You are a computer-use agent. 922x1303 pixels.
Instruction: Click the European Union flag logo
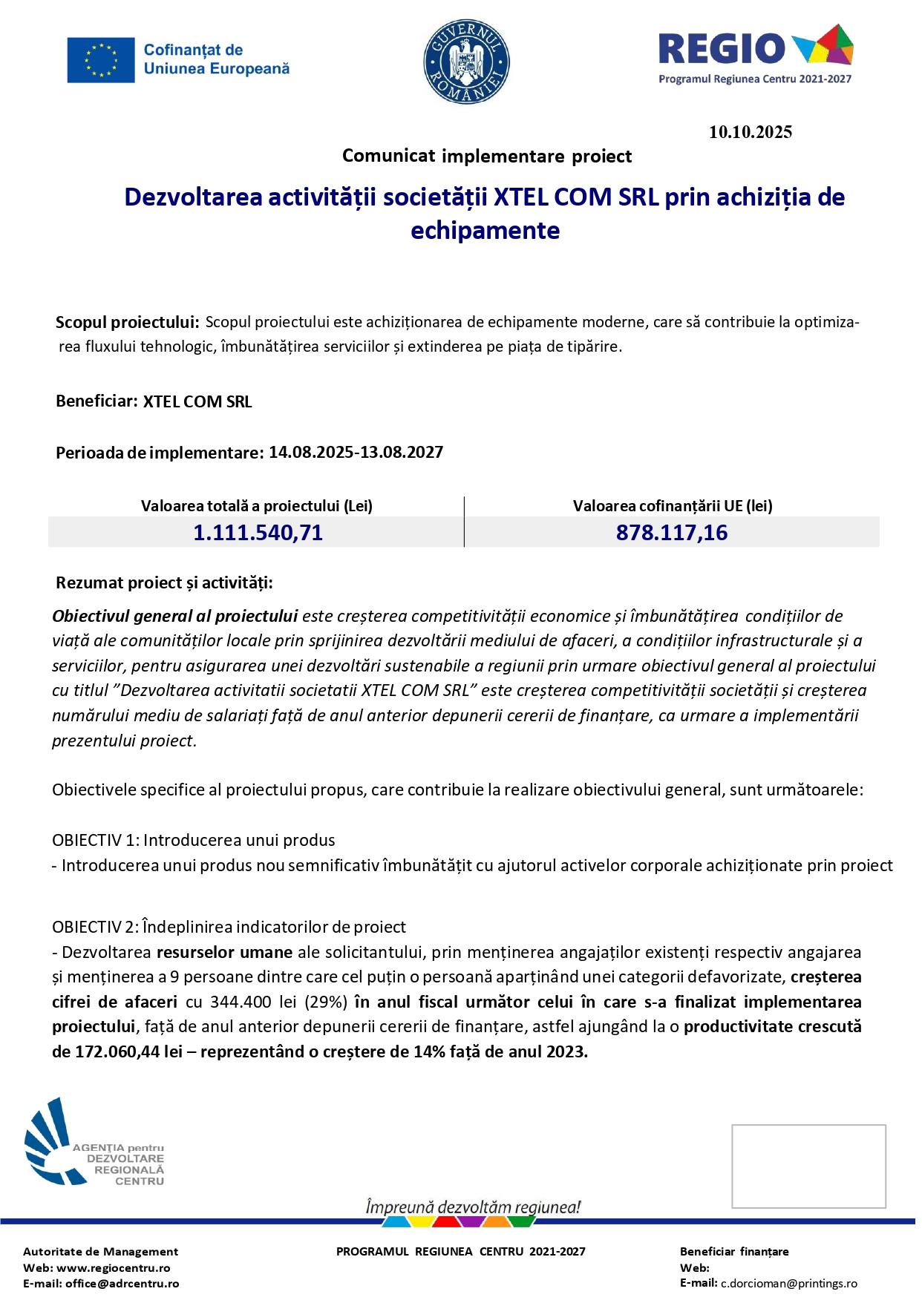(101, 60)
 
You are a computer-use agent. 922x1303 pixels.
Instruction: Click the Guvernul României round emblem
(466, 62)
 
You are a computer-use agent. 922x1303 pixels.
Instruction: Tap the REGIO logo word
(722, 49)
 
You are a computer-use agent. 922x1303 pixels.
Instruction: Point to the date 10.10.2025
(750, 132)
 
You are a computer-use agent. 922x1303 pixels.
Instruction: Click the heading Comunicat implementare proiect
(487, 157)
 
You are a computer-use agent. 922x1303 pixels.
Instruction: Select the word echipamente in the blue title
(485, 231)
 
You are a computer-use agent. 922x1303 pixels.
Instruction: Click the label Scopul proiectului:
(127, 323)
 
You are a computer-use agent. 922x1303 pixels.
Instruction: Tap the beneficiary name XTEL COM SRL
(197, 402)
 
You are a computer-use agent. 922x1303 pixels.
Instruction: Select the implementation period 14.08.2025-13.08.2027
(356, 453)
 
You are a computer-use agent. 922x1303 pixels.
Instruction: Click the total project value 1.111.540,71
(258, 533)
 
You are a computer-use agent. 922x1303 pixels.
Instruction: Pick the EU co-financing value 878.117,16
(672, 533)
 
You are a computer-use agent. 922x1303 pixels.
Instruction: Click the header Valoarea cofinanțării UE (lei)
(673, 506)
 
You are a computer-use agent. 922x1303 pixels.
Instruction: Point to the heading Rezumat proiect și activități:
(164, 583)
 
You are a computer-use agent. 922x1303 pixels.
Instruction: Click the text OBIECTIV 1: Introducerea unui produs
(194, 840)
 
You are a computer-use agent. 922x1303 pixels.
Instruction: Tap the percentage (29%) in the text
(326, 1002)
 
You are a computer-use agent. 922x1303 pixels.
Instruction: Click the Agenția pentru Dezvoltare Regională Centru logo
(94, 1143)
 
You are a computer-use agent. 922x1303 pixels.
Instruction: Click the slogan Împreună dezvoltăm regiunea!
(473, 1207)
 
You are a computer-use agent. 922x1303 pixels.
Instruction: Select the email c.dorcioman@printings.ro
(789, 1283)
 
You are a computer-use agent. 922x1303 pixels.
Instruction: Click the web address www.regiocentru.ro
(114, 1267)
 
